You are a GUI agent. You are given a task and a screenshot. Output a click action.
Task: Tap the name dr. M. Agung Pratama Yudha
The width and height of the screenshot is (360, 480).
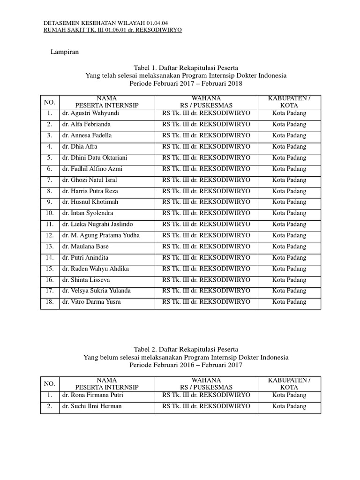[x=100, y=235]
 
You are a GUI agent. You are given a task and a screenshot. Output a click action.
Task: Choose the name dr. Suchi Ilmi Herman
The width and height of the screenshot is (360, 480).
[x=91, y=406]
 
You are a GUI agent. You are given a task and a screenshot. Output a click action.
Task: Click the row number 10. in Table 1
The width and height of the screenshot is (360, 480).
[x=50, y=213]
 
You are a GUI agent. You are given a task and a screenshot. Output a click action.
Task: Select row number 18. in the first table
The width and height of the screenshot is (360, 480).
[x=50, y=302]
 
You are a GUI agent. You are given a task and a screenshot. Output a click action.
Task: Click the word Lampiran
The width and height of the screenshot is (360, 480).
[x=65, y=52]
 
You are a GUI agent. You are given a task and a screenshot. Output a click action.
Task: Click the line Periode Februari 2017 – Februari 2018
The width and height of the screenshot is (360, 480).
[x=186, y=83]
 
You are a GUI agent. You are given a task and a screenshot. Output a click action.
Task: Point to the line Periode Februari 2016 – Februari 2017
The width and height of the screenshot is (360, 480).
[x=186, y=365]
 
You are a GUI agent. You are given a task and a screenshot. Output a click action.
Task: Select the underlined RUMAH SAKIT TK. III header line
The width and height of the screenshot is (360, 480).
[x=112, y=30]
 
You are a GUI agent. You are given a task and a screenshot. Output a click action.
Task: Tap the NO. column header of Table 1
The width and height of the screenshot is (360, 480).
[x=50, y=102]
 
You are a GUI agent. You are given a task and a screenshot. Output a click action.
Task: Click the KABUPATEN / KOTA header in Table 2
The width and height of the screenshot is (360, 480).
[x=289, y=384]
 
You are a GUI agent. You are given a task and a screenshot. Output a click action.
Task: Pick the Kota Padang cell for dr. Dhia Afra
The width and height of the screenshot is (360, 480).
[x=289, y=147]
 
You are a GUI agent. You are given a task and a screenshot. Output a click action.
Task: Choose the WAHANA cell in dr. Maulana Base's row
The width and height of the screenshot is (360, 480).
[x=206, y=247]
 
